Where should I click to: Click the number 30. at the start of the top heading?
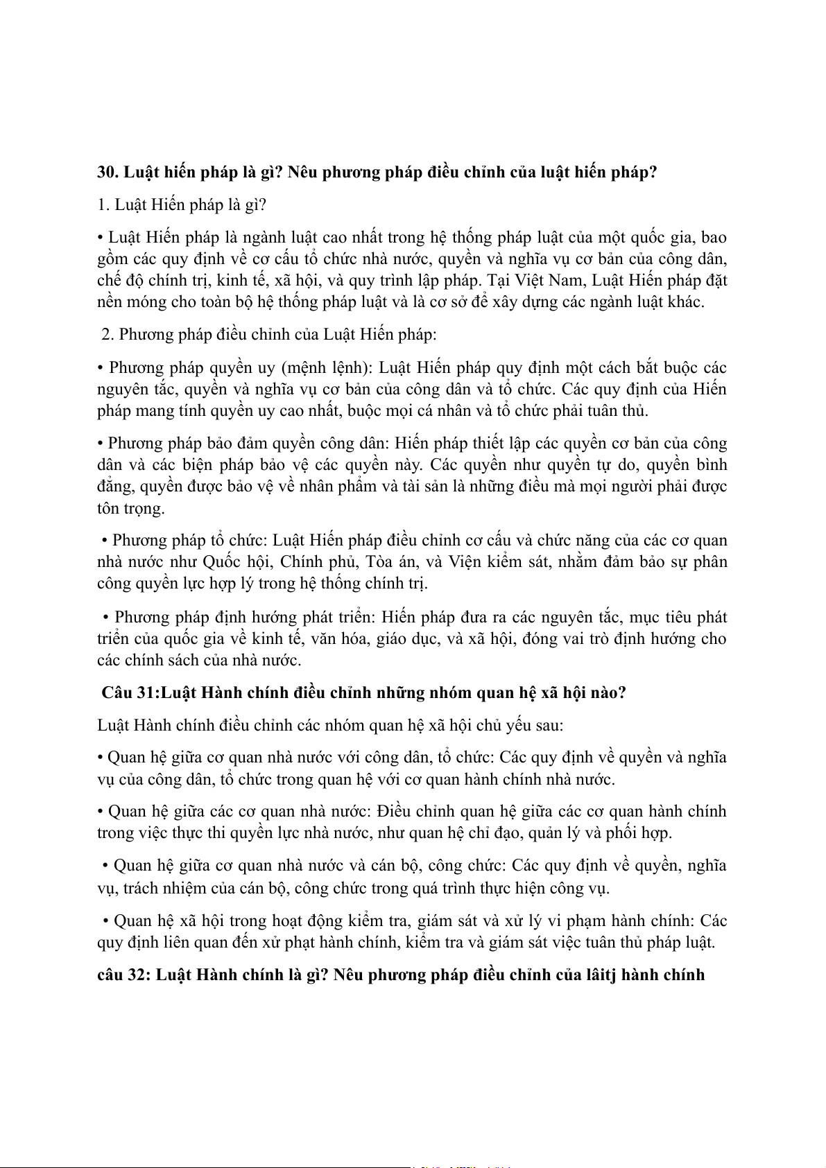108,172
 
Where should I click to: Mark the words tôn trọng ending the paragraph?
131,508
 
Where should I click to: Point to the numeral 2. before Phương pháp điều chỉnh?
107,334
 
